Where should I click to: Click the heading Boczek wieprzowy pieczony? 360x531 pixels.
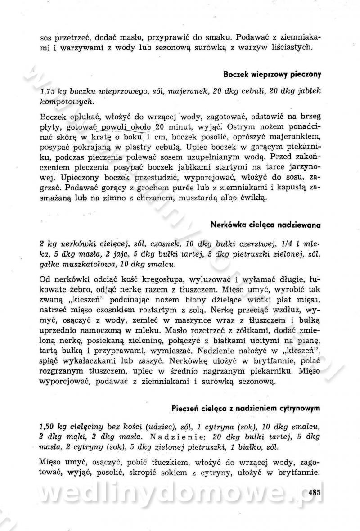tap(271, 73)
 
